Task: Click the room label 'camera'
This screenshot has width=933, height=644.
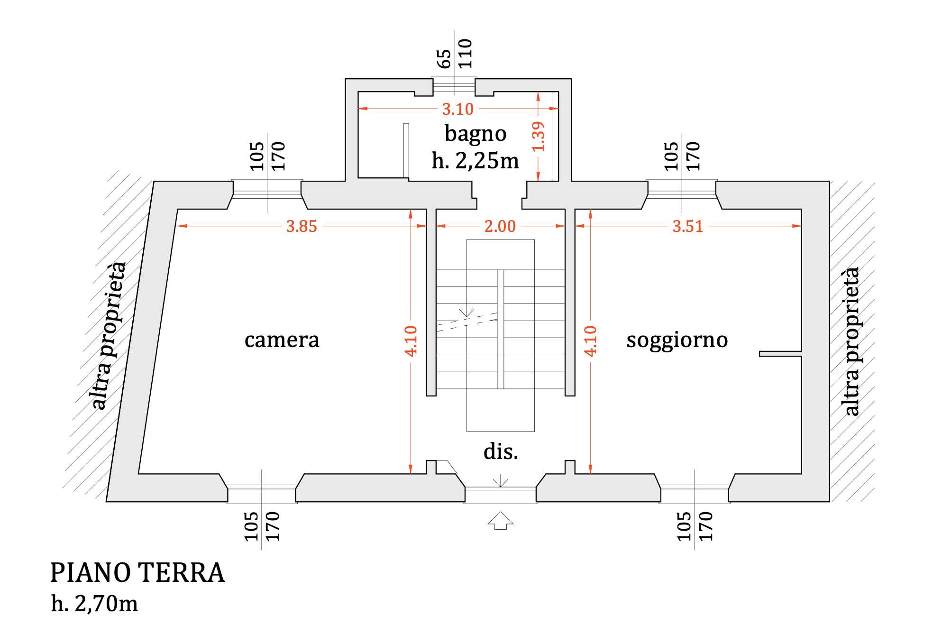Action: (282, 340)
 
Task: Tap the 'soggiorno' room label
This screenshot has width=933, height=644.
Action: (677, 340)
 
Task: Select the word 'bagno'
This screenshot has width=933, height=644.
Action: (476, 134)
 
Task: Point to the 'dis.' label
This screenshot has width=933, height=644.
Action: (501, 451)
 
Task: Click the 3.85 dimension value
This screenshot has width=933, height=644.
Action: (302, 226)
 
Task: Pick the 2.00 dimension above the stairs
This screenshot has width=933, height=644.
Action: (500, 226)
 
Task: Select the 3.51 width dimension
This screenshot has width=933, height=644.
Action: (687, 226)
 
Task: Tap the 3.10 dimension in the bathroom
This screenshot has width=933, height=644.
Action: (457, 109)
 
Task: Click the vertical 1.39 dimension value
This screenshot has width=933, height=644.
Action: (539, 137)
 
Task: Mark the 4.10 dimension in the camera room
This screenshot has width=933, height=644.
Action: (411, 340)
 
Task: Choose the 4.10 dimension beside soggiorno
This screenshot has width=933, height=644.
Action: (590, 340)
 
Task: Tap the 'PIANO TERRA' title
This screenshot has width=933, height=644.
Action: (137, 573)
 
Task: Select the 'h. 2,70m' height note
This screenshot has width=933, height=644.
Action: (94, 604)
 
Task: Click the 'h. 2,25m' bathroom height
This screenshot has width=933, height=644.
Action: (475, 161)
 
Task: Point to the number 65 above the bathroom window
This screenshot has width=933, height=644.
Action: (444, 59)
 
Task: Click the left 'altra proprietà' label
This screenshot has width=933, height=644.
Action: (109, 335)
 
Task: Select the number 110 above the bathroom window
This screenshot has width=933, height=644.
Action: (465, 54)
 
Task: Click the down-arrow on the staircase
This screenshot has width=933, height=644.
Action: (467, 312)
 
